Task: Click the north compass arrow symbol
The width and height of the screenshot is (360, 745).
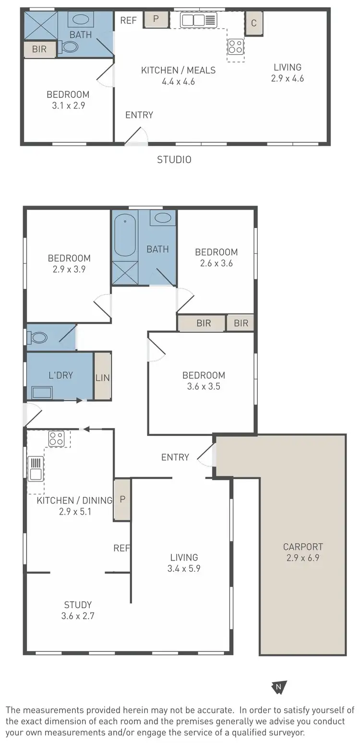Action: click(x=279, y=687)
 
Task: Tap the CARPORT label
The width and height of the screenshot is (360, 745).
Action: click(x=302, y=546)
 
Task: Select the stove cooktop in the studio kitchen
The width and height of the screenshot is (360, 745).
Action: click(x=235, y=47)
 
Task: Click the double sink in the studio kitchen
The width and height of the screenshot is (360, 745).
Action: click(x=198, y=20)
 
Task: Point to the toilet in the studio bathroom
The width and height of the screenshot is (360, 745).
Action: click(x=69, y=47)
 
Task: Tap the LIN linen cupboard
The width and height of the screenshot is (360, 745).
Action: click(x=102, y=377)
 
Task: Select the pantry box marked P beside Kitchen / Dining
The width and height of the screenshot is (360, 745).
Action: click(x=122, y=499)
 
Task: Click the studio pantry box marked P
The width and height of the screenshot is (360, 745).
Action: click(x=156, y=19)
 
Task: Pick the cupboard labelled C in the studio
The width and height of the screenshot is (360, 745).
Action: click(x=254, y=23)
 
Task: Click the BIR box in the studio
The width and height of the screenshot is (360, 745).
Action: click(x=40, y=49)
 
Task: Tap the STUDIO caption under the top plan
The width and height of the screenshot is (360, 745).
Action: click(x=174, y=160)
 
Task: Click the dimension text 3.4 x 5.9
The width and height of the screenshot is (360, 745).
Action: click(x=184, y=569)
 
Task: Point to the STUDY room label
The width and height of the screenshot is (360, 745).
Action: click(x=78, y=605)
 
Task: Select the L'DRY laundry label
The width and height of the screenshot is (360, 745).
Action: click(x=60, y=375)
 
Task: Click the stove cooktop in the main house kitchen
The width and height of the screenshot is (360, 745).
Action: click(x=56, y=439)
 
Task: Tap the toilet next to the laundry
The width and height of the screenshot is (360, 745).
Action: click(x=38, y=338)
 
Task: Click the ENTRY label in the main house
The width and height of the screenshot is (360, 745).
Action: click(x=175, y=457)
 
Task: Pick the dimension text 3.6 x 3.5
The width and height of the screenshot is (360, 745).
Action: click(x=204, y=386)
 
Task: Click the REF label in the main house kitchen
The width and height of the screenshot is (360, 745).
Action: click(x=121, y=548)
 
